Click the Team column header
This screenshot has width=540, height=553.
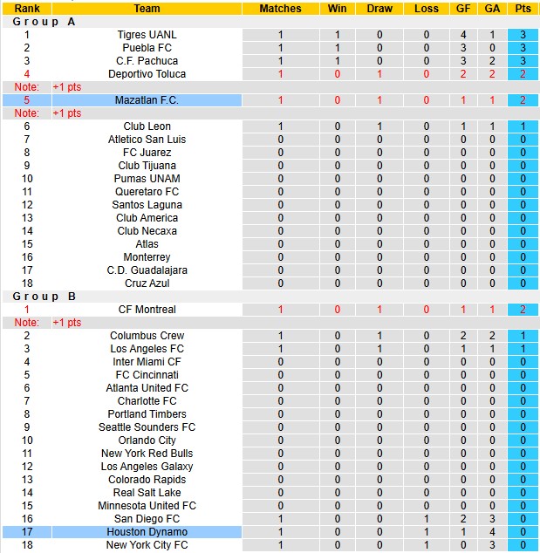[x=147, y=9]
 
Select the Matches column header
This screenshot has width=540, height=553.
[x=280, y=9]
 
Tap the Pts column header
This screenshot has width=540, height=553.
[x=523, y=9]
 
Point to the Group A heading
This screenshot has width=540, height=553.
[x=44, y=22]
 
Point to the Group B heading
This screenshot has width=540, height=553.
[x=44, y=297]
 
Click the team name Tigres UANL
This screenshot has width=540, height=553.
[x=147, y=35]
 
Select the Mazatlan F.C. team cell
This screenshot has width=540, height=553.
[x=147, y=100]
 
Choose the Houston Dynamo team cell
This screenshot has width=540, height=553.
[x=147, y=532]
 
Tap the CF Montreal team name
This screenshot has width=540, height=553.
[x=147, y=310]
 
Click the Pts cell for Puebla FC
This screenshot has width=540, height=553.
[x=523, y=48]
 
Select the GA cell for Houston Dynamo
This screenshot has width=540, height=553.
[x=492, y=532]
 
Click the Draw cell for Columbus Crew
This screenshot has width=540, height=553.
[x=379, y=336]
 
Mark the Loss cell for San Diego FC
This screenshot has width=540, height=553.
[x=427, y=519]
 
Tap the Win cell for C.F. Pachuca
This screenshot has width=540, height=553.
[x=337, y=61]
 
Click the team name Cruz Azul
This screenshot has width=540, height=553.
[x=147, y=283]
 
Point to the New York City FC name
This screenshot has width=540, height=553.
[x=147, y=545]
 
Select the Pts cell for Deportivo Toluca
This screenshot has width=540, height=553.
[x=523, y=74]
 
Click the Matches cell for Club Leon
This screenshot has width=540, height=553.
[x=280, y=126]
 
